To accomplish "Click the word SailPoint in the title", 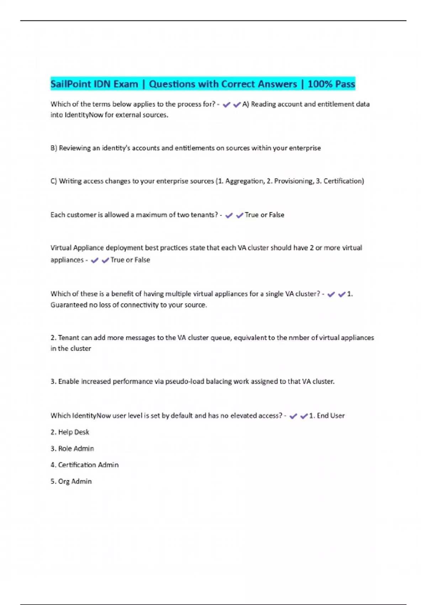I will pos(70,84).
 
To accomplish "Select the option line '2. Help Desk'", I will pos(70,432).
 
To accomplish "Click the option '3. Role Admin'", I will pos(72,448).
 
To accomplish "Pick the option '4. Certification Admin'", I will pos(84,465).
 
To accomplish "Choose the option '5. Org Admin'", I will pos(71,481).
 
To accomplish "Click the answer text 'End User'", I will pos(331,416).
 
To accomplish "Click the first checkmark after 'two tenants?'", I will pos(229,215).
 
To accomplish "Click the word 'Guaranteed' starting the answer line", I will pos(69,305).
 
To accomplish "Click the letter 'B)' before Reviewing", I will pos(54,148).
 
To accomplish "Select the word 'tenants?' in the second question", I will pos(204,215).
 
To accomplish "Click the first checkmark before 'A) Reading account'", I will pos(226,105).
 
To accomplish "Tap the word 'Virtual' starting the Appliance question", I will pos(61,248).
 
